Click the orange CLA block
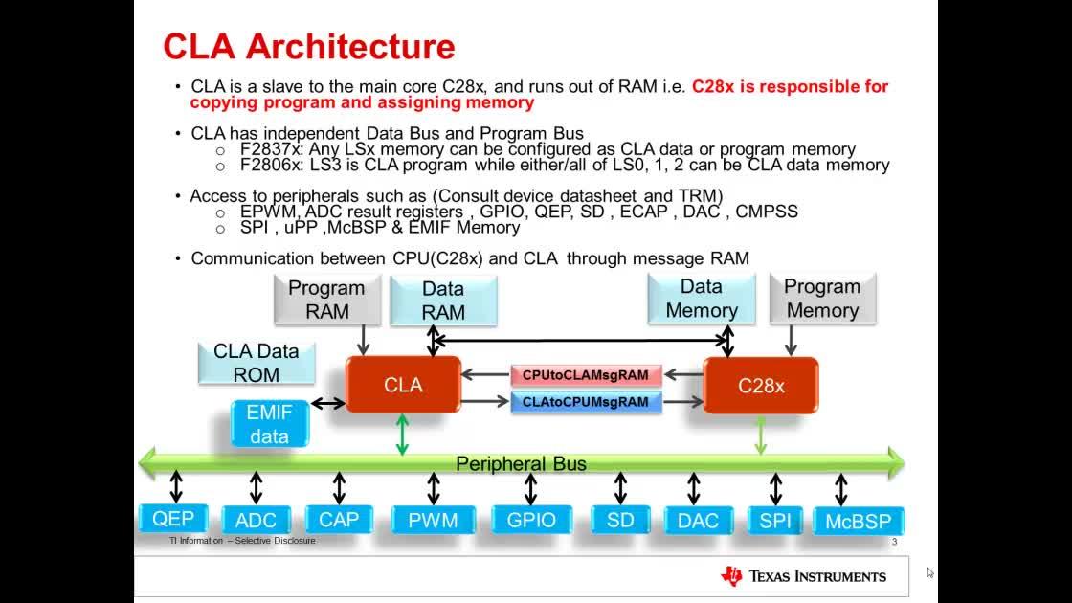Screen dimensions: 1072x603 click(403, 384)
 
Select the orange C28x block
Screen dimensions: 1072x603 click(761, 386)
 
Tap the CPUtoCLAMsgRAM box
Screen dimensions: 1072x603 click(586, 375)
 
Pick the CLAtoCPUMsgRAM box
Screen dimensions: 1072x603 click(586, 402)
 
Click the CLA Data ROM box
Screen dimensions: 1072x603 click(257, 363)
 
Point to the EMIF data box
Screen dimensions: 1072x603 click(269, 424)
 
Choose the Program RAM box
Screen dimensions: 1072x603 click(326, 300)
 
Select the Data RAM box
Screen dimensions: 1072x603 click(443, 301)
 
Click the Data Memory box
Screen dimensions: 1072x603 click(702, 299)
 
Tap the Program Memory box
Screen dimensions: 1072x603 click(822, 299)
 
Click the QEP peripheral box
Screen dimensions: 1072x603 click(173, 519)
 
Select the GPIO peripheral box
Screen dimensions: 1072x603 click(531, 521)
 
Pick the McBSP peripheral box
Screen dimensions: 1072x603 click(859, 521)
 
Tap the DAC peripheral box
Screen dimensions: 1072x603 click(698, 521)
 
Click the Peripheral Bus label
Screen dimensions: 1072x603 click(521, 463)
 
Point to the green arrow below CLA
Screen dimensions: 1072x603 click(402, 435)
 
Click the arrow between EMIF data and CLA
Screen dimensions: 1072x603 click(328, 403)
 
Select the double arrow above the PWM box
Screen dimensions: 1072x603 click(434, 488)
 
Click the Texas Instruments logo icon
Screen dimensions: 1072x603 click(731, 576)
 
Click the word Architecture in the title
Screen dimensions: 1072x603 click(350, 47)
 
